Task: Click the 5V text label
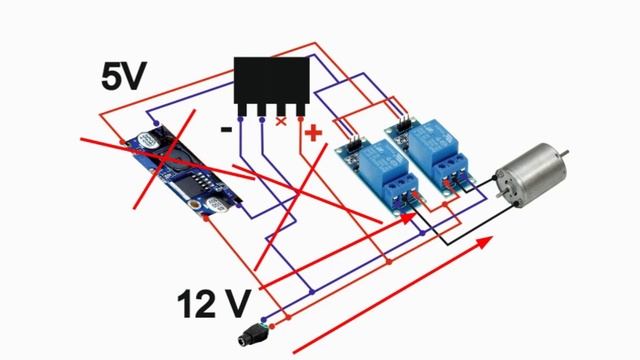click(124, 77)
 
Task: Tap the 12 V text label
click(213, 304)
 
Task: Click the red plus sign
click(313, 133)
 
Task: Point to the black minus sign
click(226, 130)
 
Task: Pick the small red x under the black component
click(281, 121)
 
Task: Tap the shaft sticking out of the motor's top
click(563, 153)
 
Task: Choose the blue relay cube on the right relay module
click(434, 140)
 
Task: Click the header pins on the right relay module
click(404, 123)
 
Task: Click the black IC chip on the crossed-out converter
click(198, 180)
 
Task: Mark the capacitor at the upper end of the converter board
click(148, 140)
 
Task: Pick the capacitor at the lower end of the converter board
click(216, 205)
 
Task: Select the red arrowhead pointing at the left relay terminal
click(408, 218)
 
